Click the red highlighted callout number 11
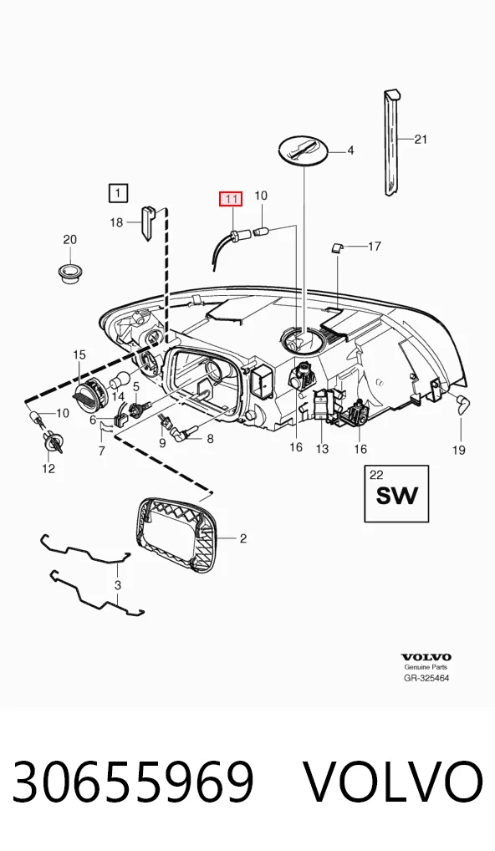(231, 199)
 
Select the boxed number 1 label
(119, 192)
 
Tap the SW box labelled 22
(396, 493)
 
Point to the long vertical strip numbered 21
(392, 142)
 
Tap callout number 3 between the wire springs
(117, 586)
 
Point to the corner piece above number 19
(462, 405)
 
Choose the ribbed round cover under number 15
(88, 392)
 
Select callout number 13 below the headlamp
(323, 449)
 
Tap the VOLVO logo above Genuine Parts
(426, 657)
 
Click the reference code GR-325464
(426, 678)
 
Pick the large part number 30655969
(133, 782)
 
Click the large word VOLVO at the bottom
(391, 782)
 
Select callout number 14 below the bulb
(118, 397)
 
